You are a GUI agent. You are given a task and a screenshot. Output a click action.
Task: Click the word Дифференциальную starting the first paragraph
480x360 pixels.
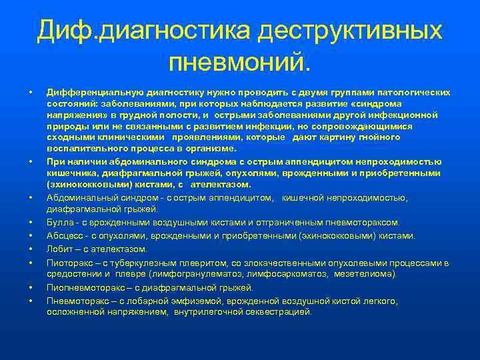(x=89, y=92)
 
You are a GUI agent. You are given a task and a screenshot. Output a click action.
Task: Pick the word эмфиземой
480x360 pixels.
(x=185, y=301)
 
